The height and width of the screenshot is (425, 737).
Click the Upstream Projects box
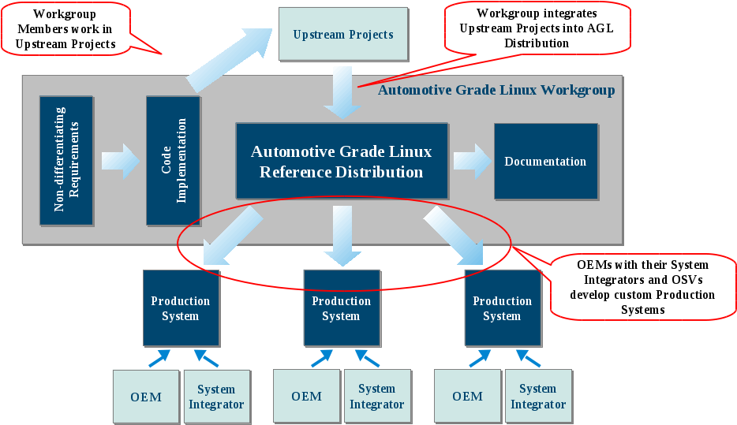[343, 35]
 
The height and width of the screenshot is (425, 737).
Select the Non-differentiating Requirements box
[66, 161]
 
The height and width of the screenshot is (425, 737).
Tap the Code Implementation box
[173, 161]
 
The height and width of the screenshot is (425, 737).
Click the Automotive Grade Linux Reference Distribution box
[342, 161]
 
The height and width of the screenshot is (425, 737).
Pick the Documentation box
[545, 161]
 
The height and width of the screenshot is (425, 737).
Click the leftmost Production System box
[181, 308]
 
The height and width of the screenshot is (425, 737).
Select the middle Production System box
[341, 308]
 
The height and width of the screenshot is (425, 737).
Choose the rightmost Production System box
[502, 308]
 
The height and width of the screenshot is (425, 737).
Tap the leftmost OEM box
[146, 396]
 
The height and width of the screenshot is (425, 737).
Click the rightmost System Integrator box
[538, 396]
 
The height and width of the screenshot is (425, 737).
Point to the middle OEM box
[306, 396]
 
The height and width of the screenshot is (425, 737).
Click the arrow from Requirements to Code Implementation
[120, 161]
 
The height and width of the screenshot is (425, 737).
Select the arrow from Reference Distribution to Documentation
[471, 161]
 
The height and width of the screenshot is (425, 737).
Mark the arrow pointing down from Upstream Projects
[342, 91]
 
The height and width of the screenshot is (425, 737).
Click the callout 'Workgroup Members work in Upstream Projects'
[65, 28]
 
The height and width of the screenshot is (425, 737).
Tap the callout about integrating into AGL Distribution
[537, 28]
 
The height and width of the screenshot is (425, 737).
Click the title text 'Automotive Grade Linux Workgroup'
[496, 90]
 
